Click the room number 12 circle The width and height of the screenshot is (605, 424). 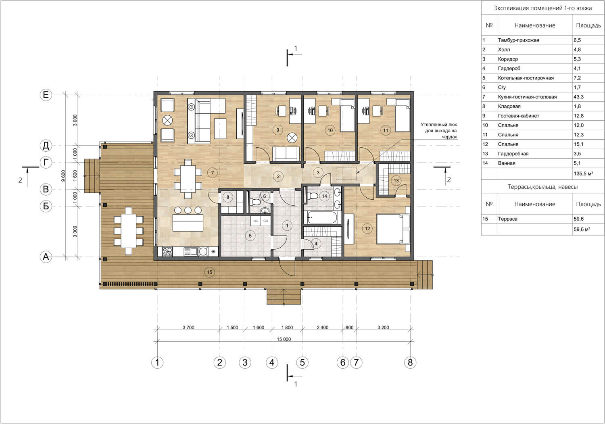coord(367,229)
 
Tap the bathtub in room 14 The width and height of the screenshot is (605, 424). coord(322,217)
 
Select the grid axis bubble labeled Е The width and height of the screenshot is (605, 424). coord(46,95)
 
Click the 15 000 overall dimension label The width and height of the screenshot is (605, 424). coord(284,339)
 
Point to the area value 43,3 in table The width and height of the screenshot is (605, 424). coord(578,97)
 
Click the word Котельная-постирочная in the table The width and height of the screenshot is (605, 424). coord(526,78)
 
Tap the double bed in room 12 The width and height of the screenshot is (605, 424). coord(393,229)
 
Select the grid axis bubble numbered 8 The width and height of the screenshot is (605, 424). coord(410,362)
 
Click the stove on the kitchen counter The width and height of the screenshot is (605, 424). coord(167,252)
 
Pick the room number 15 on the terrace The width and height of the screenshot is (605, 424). coord(210,272)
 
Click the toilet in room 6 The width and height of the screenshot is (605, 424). coord(255,202)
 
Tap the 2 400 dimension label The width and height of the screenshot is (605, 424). coord(323,328)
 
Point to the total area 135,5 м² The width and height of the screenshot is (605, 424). coord(583,173)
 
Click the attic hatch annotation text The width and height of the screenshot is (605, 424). coord(439,131)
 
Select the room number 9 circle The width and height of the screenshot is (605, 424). coord(277,130)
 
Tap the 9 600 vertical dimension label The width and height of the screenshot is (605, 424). coord(63,175)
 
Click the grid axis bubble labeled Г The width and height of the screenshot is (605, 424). coord(46,163)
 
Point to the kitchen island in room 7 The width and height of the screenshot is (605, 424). coord(188,222)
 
